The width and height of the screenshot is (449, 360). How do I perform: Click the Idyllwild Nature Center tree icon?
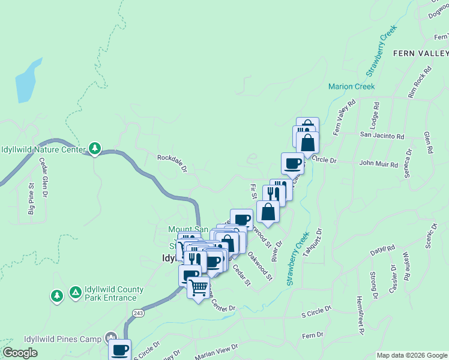click(x=94, y=148)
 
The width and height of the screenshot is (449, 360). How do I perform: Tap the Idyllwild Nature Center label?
click(x=43, y=149)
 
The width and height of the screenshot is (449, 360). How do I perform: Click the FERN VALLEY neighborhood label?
click(x=420, y=53)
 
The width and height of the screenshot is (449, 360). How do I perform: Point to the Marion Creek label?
click(x=351, y=86)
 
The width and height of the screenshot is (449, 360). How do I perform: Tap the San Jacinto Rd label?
click(x=382, y=136)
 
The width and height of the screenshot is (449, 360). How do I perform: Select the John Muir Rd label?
click(x=378, y=164)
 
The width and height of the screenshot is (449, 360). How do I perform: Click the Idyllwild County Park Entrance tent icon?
click(x=75, y=292)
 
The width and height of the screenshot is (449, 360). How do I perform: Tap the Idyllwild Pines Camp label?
click(x=62, y=340)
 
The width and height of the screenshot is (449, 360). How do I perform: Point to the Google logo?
click(x=20, y=353)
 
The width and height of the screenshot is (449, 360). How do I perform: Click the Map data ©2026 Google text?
click(x=411, y=355)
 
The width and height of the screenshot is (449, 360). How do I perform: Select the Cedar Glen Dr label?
click(x=43, y=177)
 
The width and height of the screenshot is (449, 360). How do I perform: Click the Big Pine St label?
click(x=31, y=200)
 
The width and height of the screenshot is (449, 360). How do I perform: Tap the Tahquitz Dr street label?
click(x=313, y=242)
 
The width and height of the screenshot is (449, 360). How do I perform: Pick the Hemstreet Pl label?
click(x=361, y=314)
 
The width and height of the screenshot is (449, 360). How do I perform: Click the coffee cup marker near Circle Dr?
click(x=292, y=163)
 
